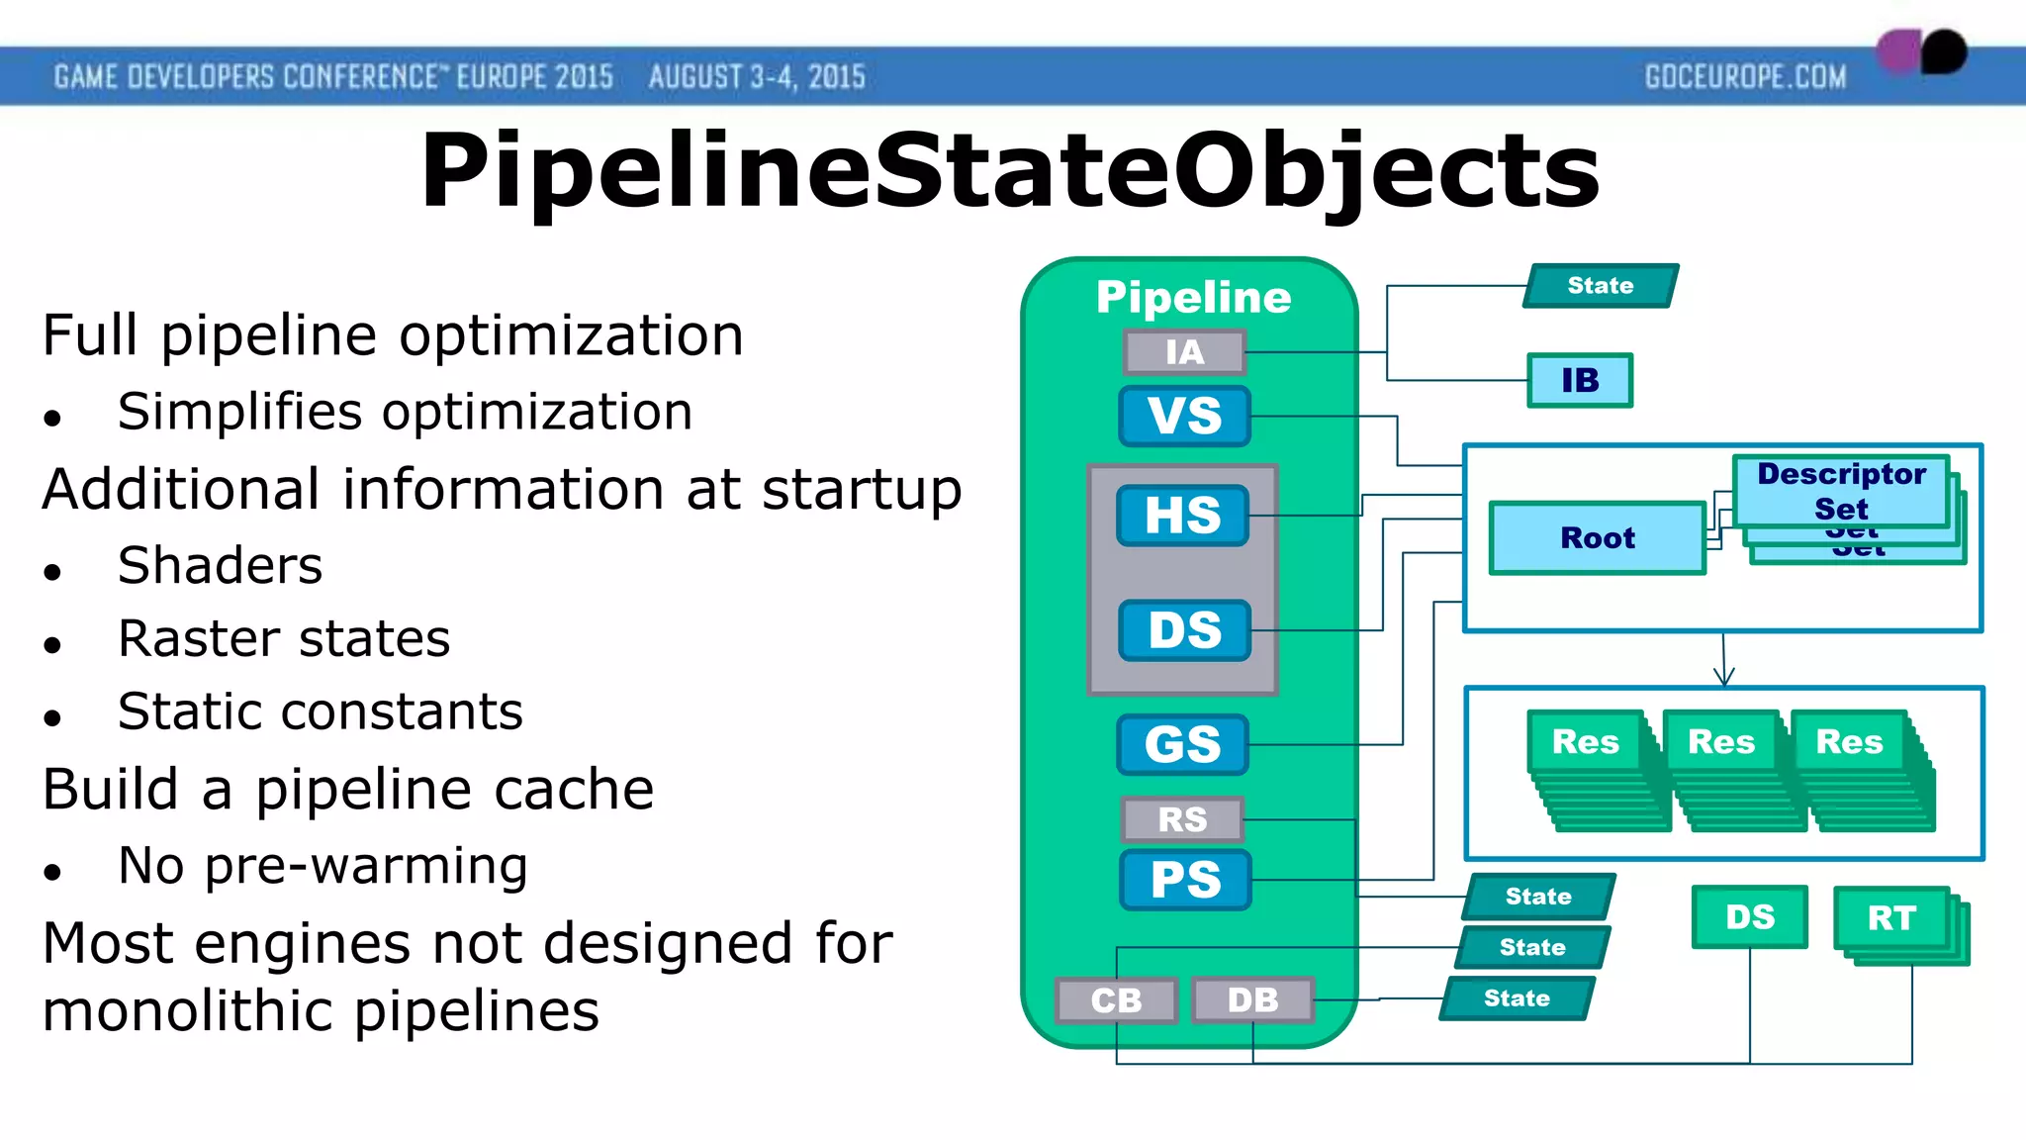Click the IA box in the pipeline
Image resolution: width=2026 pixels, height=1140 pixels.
[x=1184, y=352]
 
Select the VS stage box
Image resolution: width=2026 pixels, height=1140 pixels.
[x=1184, y=416]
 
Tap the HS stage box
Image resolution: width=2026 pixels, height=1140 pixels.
[x=1182, y=516]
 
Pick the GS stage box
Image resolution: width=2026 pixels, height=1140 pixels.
[x=1182, y=744]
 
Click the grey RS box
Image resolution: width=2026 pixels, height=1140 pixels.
[x=1182, y=819]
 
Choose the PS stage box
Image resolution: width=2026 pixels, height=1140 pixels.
[x=1185, y=880]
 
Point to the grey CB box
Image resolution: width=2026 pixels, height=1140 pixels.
[x=1116, y=1000]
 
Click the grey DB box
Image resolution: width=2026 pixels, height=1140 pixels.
[x=1252, y=1000]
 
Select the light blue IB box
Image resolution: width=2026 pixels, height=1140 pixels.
[x=1579, y=380]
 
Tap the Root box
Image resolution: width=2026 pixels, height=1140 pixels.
[x=1597, y=538]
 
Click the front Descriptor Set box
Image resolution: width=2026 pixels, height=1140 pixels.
[x=1840, y=491]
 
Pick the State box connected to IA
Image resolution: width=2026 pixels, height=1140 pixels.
[x=1600, y=286]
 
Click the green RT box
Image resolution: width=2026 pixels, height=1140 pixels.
[x=1890, y=918]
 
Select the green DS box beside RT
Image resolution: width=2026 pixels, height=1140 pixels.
[x=1749, y=917]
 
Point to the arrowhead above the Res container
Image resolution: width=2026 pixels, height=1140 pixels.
[x=1724, y=679]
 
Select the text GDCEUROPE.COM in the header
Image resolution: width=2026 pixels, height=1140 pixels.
[x=1745, y=77]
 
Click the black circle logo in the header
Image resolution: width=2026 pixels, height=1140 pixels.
[x=1944, y=51]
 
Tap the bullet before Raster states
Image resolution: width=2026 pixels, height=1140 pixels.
[x=52, y=645]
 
